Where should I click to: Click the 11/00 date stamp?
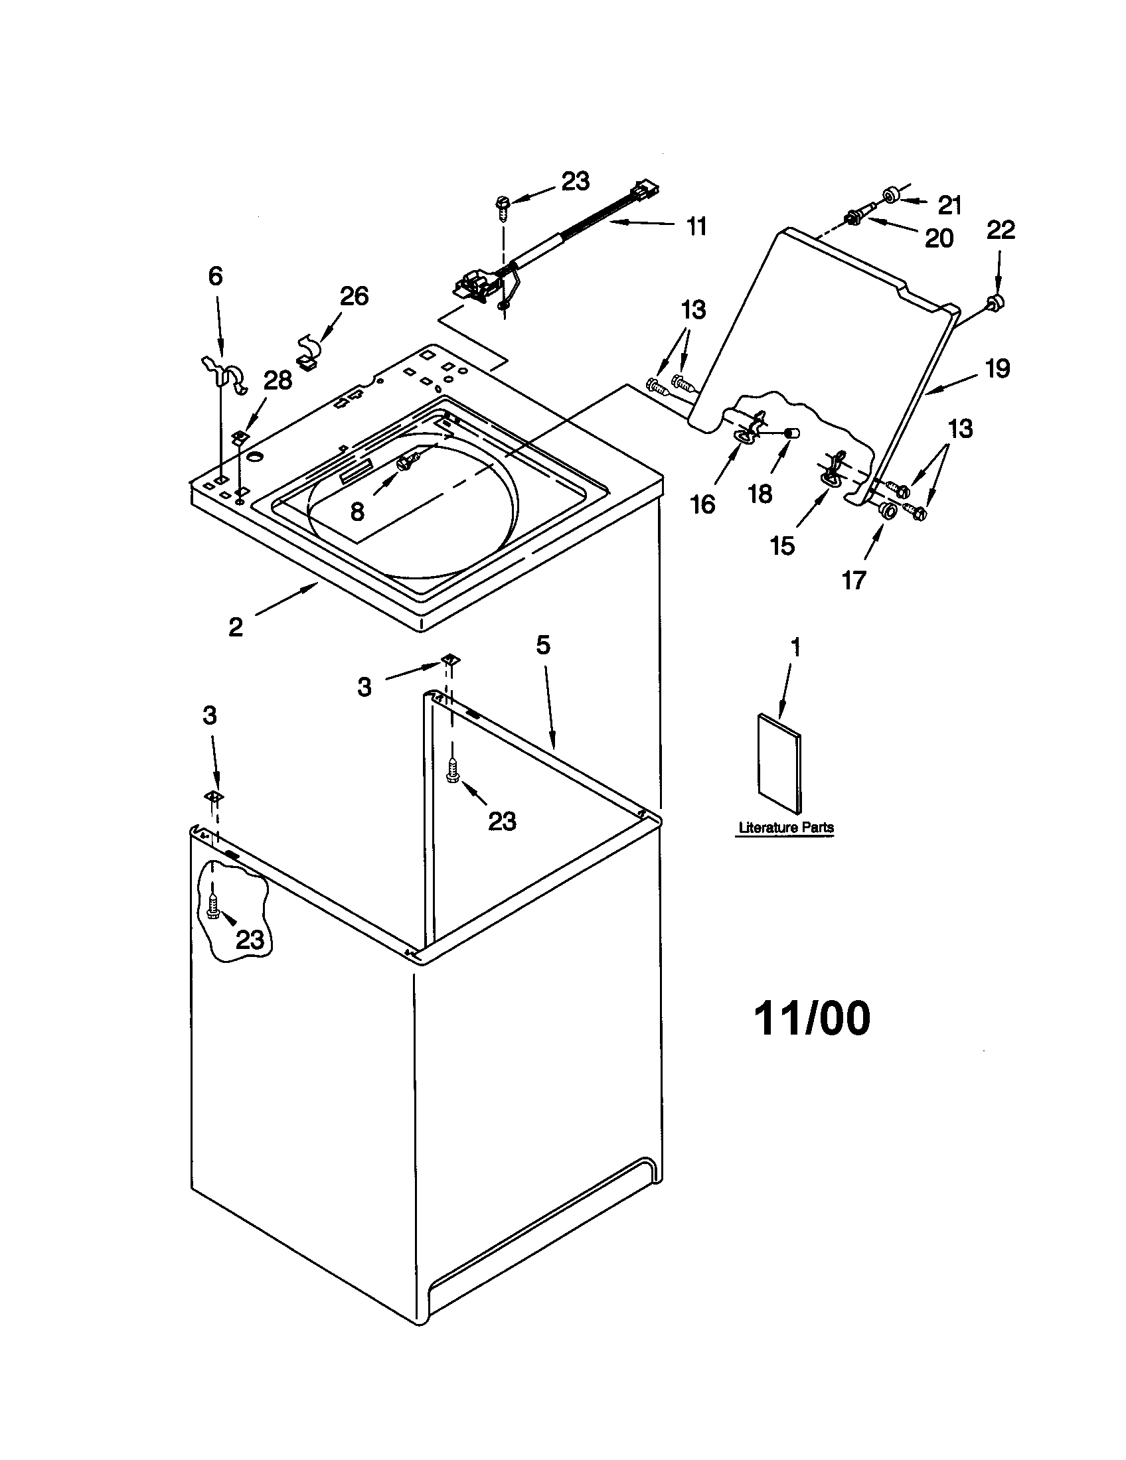[x=812, y=1019]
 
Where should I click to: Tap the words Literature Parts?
[x=785, y=828]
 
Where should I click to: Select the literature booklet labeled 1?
[x=779, y=763]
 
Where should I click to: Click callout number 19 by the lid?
[x=997, y=368]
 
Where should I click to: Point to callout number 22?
[x=1001, y=230]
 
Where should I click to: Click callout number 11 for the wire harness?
[x=696, y=226]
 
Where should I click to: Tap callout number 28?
[x=278, y=380]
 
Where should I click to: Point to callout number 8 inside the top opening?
[x=357, y=512]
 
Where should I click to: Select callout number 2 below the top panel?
[x=236, y=626]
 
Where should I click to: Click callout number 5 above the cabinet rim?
[x=543, y=645]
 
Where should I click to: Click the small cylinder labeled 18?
[x=792, y=433]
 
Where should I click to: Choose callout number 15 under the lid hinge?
[x=782, y=546]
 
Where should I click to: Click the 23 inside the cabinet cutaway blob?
[x=250, y=940]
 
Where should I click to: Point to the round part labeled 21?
[x=890, y=194]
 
